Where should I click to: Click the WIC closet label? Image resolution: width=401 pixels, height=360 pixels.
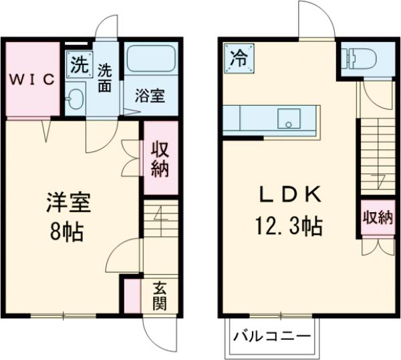[31, 79]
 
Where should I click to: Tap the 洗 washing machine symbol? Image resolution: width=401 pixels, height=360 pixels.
[78, 65]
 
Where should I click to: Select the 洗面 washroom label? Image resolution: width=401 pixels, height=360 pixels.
[106, 77]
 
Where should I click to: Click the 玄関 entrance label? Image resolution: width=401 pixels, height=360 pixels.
[160, 296]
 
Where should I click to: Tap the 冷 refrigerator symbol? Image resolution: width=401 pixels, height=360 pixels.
[239, 58]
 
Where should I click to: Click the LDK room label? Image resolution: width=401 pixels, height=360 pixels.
[291, 196]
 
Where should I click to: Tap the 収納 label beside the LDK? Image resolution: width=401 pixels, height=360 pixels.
[377, 217]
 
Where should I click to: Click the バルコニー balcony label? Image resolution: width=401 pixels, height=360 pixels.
[271, 336]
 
